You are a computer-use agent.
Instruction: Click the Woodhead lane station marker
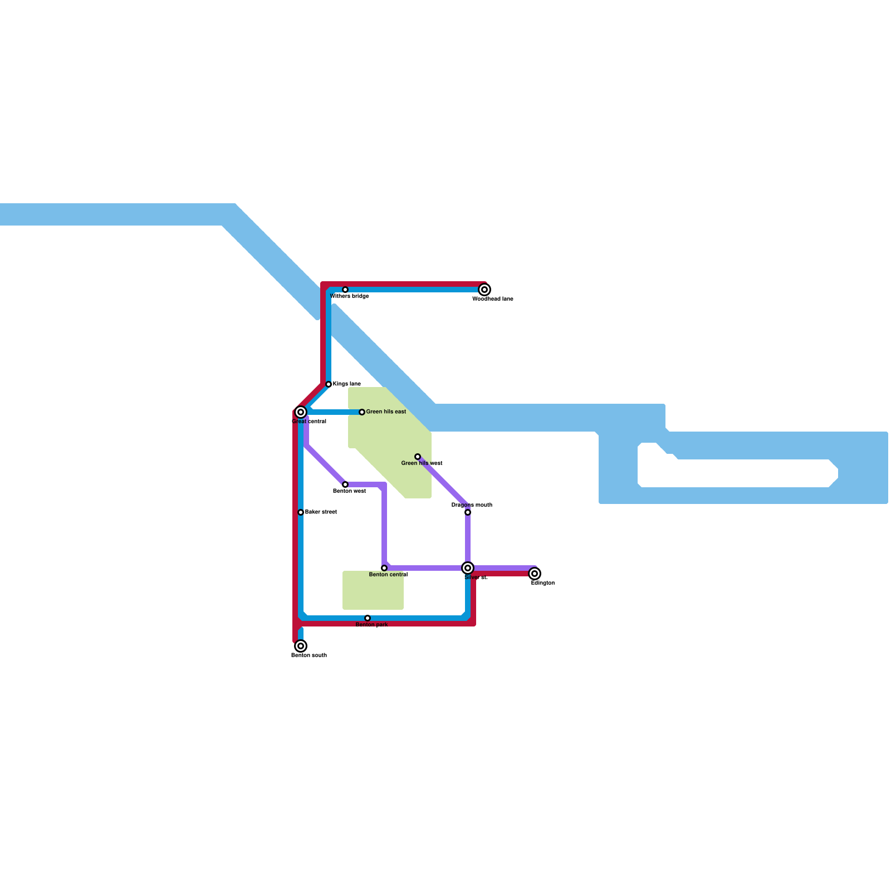tap(484, 290)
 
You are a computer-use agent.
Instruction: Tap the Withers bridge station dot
tap(345, 290)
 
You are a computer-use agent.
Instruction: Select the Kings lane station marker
tap(329, 384)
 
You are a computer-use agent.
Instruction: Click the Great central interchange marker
tap(301, 412)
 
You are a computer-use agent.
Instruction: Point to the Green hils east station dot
tap(362, 412)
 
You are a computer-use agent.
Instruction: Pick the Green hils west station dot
tap(418, 457)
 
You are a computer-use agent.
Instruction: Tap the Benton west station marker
tap(345, 484)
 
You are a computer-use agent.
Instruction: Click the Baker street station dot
tap(301, 512)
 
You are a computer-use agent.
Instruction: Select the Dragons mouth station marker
tap(468, 512)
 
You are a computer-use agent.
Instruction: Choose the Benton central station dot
tap(384, 568)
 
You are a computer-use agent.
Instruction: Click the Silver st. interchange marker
tap(468, 568)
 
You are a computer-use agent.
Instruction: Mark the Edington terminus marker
tap(535, 574)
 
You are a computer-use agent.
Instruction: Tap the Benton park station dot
tap(368, 618)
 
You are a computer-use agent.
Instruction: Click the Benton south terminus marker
tap(301, 646)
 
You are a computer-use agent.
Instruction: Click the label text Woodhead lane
tap(493, 299)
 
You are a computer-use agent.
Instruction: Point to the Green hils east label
tap(386, 412)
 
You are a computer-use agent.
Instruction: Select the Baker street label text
tap(321, 512)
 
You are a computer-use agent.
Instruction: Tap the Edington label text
tap(542, 583)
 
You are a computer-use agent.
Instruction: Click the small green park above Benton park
tap(373, 590)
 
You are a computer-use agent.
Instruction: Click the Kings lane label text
tap(346, 384)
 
